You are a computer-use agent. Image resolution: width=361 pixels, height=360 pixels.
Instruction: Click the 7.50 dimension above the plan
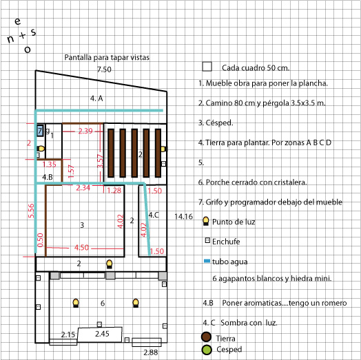104,70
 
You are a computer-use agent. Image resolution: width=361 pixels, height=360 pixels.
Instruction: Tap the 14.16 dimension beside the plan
183,216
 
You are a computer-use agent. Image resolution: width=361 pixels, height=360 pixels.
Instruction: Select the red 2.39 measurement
85,131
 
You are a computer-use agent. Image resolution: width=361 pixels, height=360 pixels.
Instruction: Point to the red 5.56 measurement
31,211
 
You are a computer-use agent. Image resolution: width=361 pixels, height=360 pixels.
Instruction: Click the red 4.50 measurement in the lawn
81,248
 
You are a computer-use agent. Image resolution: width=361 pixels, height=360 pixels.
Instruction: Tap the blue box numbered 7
40,131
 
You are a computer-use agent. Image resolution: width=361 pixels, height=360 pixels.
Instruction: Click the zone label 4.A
96,98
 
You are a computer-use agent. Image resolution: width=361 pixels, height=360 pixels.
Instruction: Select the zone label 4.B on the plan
48,177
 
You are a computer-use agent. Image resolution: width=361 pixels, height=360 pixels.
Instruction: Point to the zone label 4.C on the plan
154,215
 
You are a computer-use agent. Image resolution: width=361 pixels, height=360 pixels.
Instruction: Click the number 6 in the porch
103,303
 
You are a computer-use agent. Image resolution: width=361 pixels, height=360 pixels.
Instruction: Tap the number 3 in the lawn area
82,225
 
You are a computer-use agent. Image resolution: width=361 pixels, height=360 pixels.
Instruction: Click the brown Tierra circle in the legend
206,337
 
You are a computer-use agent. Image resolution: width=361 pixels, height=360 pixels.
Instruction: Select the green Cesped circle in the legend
207,350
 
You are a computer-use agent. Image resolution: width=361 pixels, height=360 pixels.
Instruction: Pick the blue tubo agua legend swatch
207,261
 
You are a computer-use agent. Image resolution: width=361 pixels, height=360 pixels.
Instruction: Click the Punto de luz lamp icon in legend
206,221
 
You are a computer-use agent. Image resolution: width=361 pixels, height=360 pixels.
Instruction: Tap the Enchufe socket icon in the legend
207,241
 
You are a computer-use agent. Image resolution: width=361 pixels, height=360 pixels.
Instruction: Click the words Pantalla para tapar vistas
107,57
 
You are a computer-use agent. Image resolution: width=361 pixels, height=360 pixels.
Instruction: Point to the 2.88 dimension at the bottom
151,352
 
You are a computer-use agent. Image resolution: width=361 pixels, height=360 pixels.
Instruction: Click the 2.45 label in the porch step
102,334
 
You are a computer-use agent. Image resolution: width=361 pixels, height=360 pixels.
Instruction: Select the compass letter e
17,21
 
